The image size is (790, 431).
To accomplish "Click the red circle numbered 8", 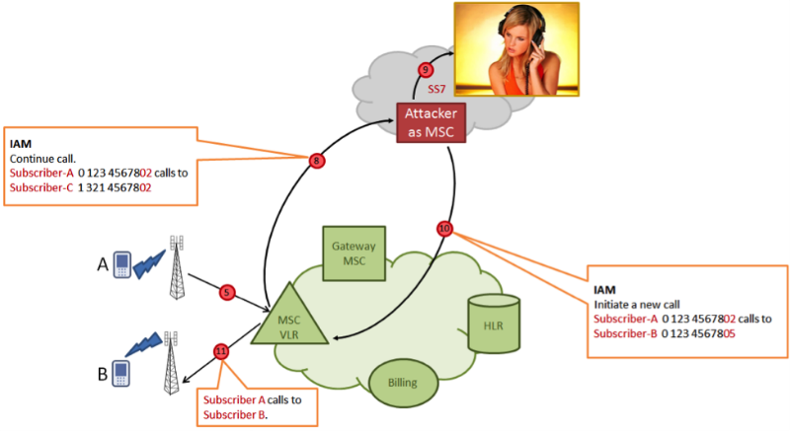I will point(317,160).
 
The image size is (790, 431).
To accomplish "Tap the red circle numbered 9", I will point(426,69).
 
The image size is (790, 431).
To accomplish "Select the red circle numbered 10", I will point(444,229).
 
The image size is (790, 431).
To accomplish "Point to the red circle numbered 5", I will point(227,292).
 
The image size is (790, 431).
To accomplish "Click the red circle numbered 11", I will point(220,350).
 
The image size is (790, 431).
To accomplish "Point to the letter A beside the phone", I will point(101,263).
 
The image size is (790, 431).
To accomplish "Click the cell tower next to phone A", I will point(178,267).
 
